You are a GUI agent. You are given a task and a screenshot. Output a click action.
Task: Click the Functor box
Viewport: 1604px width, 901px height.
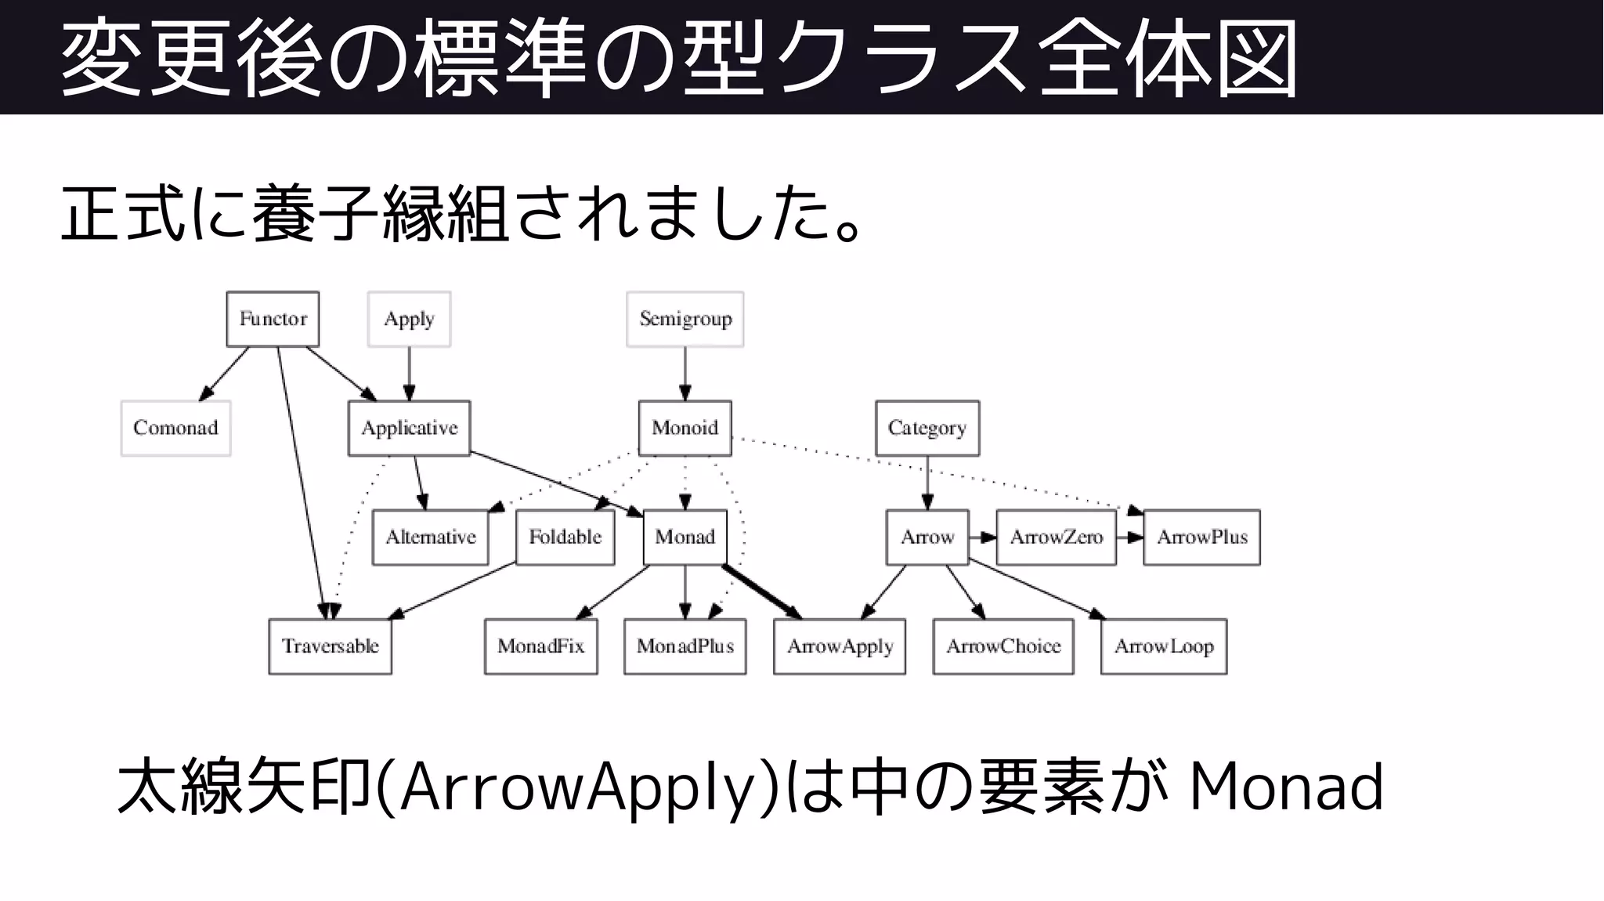273,319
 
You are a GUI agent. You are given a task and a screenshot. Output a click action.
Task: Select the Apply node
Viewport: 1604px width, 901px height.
409,319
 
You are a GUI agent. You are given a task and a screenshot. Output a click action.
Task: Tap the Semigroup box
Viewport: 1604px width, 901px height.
685,319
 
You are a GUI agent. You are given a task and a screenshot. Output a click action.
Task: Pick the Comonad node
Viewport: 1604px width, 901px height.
175,428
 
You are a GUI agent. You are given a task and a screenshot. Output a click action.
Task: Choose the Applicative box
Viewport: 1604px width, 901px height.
409,428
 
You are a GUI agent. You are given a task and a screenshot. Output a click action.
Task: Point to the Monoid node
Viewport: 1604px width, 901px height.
685,428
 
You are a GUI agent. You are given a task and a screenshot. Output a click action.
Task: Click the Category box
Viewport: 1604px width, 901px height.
927,428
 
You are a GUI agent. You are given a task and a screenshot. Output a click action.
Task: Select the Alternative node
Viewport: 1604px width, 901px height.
430,537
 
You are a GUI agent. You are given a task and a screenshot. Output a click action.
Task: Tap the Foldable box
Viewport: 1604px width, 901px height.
565,537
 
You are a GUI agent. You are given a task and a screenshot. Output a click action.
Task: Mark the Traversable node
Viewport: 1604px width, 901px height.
330,646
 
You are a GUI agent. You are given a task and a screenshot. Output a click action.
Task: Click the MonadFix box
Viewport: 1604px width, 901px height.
540,646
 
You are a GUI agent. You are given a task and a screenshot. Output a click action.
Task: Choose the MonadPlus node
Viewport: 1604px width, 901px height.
685,646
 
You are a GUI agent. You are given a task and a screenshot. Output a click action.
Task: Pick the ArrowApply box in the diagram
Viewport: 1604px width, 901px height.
840,646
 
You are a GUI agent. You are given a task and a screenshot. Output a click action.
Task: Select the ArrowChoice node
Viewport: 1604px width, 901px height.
1003,646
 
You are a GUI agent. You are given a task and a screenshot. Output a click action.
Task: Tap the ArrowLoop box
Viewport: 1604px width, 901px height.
1164,646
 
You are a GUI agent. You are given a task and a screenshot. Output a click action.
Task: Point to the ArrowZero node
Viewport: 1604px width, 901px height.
1056,537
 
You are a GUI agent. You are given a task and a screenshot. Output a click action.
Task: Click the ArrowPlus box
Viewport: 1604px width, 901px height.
1202,537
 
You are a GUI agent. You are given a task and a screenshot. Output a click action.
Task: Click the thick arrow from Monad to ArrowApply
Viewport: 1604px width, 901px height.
760,591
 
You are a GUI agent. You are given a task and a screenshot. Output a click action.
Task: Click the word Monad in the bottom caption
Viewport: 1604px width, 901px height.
1286,787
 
